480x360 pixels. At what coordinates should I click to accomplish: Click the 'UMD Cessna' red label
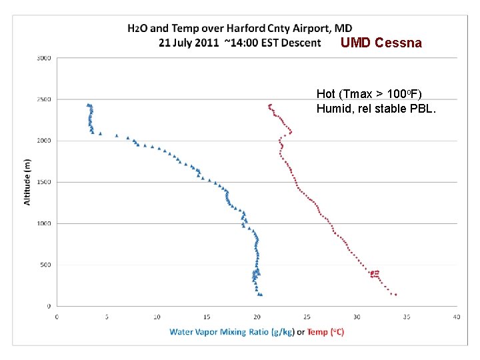pos(381,43)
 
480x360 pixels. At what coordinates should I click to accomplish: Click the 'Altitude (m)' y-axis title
pos(27,181)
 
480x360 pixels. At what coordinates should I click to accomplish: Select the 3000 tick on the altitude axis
pos(43,58)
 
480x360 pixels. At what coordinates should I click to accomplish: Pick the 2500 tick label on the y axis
pos(43,99)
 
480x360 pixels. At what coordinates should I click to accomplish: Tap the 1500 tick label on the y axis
pos(43,182)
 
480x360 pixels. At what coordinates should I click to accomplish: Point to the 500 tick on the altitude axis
pos(45,265)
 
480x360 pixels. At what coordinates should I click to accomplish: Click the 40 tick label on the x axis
pos(457,316)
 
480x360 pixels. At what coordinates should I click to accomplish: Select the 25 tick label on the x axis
pos(307,316)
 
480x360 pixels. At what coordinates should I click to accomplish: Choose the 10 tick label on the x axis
pos(157,316)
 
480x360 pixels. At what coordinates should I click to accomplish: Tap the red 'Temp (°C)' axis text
pos(325,331)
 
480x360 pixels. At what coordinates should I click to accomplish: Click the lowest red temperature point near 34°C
pos(395,294)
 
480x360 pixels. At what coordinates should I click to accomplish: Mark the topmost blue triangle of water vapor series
pos(88,105)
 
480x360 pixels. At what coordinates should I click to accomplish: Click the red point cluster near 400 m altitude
pos(375,273)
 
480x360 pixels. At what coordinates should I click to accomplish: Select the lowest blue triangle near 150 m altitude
pos(260,294)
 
